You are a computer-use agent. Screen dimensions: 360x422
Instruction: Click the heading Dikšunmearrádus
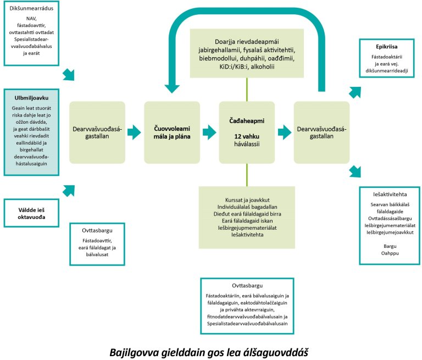[31, 8]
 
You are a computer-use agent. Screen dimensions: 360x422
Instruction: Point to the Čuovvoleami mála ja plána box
[169, 132]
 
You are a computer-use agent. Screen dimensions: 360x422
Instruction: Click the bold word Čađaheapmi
[246, 119]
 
